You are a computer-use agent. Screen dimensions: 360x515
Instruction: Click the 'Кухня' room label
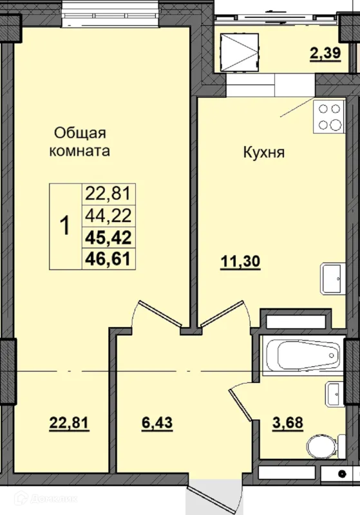click(264, 153)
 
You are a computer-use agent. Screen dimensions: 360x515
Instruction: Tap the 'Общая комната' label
click(80, 142)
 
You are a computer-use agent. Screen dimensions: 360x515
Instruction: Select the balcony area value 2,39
click(325, 53)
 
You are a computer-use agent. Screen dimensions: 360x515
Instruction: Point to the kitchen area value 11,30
click(241, 262)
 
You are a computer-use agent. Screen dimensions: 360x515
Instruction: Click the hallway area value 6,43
click(157, 422)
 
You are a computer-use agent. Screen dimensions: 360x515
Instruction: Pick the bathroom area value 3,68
click(288, 422)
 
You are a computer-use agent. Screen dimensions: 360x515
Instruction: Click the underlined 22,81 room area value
click(69, 422)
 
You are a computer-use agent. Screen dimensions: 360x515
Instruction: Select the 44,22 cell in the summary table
click(108, 216)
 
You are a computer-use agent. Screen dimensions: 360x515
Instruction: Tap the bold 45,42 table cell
click(108, 238)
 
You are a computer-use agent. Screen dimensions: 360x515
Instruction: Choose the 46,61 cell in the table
click(108, 259)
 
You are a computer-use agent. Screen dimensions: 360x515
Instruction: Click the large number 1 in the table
click(66, 227)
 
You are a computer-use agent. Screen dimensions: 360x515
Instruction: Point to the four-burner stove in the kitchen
click(329, 117)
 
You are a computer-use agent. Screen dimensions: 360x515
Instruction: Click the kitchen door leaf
click(222, 314)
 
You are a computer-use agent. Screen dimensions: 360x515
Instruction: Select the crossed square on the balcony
click(240, 53)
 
